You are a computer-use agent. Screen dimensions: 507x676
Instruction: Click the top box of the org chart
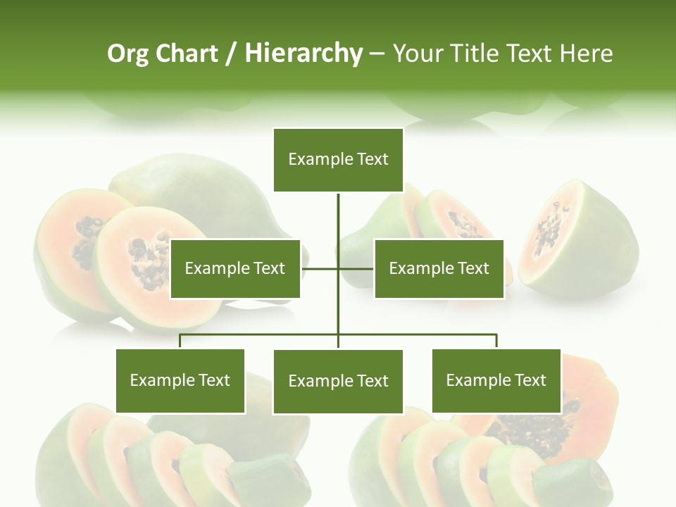(x=338, y=160)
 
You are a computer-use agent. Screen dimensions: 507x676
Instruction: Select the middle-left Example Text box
(x=235, y=268)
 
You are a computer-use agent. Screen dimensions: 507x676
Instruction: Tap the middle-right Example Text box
(x=439, y=268)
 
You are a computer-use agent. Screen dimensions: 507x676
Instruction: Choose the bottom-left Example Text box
(x=180, y=380)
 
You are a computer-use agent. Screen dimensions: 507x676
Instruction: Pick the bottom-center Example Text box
(x=338, y=381)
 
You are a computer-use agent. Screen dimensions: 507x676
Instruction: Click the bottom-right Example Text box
(x=496, y=380)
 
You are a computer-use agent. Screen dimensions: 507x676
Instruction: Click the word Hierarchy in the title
(x=303, y=54)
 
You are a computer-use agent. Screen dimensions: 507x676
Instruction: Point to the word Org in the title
(x=127, y=54)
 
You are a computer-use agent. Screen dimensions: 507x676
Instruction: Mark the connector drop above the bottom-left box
(x=180, y=342)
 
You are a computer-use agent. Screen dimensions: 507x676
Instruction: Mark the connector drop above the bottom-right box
(x=496, y=342)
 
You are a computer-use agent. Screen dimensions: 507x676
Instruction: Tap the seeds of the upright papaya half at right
(x=546, y=229)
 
